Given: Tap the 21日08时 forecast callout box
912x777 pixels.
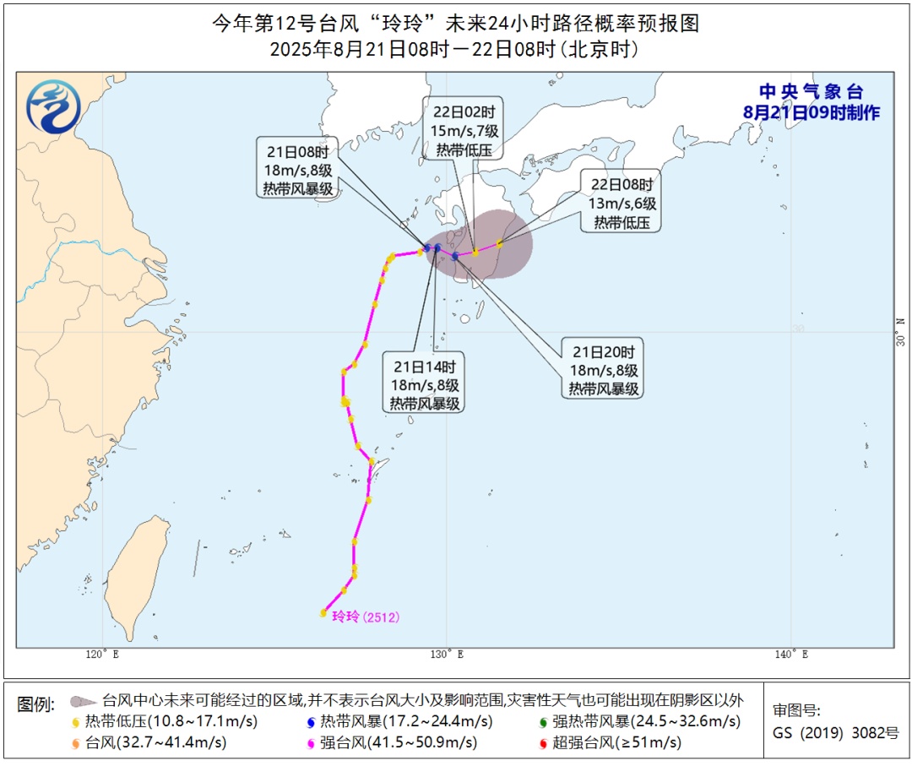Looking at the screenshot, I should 298,167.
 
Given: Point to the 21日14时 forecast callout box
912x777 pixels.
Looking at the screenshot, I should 425,385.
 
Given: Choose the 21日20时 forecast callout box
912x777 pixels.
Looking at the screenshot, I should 604,370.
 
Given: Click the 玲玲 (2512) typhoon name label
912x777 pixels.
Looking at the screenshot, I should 365,617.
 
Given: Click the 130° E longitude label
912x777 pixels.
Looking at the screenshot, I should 448,655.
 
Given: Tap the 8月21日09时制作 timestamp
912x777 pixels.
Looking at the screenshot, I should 811,112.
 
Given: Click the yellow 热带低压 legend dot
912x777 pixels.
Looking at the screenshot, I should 79,722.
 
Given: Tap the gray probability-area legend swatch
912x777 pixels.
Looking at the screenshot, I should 82,701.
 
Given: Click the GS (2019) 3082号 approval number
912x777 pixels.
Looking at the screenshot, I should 836,733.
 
